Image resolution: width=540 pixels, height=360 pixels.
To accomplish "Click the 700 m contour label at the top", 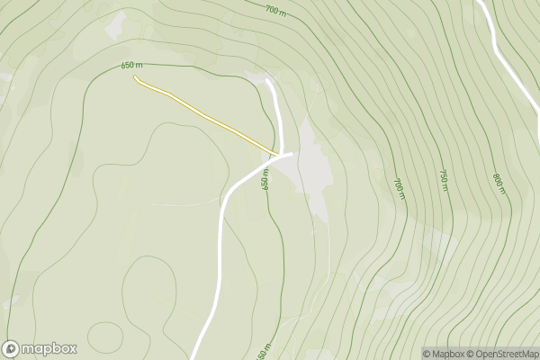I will coord(275,9).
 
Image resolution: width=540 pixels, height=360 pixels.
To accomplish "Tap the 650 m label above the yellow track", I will coord(132,65).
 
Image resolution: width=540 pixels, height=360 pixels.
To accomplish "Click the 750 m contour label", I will coord(443,179).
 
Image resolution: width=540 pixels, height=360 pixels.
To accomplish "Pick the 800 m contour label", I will coord(499,183).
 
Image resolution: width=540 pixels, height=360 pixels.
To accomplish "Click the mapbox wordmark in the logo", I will coord(49,349).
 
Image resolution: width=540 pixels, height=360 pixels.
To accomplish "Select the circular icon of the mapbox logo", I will coord(12,349).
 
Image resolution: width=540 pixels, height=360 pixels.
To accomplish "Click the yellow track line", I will coord(207,116).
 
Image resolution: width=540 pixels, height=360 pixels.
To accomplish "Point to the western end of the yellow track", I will coord(135,77).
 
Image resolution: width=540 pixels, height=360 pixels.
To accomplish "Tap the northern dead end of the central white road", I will coord(268,80).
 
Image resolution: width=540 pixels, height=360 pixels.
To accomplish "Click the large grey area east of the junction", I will coord(313,171).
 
